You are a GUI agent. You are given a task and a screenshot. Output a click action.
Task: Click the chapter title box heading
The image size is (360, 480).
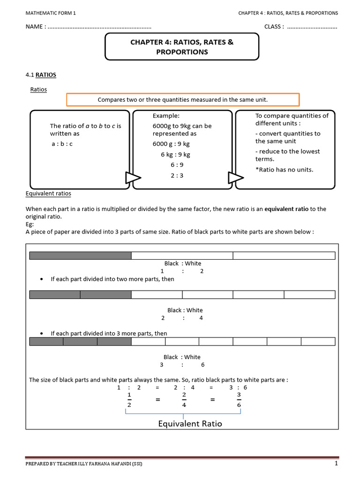coord(182,47)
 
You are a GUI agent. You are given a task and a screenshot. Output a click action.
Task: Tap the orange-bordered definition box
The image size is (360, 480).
coord(183,100)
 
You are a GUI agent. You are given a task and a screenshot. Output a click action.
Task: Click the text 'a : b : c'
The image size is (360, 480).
coord(62,143)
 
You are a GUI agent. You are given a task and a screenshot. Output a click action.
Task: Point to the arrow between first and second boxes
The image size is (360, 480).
coord(132,178)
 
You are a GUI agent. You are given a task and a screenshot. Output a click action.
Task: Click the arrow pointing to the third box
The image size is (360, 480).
coord(235,178)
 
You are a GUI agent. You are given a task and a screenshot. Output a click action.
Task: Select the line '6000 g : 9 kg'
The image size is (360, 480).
coord(171,143)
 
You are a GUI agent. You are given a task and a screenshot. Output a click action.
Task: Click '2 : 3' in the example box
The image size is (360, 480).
coord(177,175)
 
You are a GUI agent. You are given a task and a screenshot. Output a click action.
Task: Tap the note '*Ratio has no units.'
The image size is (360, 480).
coord(284,169)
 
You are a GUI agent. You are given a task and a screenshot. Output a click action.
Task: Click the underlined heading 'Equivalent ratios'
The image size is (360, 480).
coord(48,193)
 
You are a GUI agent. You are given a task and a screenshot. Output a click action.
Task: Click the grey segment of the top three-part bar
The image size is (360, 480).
coord(80,255)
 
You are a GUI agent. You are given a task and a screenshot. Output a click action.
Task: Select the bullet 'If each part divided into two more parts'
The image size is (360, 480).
coord(112,279)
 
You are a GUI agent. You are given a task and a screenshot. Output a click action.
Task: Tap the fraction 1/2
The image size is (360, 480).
coord(129,400)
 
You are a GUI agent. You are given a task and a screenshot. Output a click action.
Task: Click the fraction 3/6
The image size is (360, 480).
coord(240,400)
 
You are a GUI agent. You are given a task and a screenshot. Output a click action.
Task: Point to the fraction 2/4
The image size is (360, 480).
coord(184,400)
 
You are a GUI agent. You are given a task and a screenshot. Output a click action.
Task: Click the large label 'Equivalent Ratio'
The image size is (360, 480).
coord(190,424)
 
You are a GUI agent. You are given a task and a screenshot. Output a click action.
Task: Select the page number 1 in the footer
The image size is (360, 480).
coord(336,464)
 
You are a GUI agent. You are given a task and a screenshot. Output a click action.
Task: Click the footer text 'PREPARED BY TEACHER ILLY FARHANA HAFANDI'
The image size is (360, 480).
coord(84,464)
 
